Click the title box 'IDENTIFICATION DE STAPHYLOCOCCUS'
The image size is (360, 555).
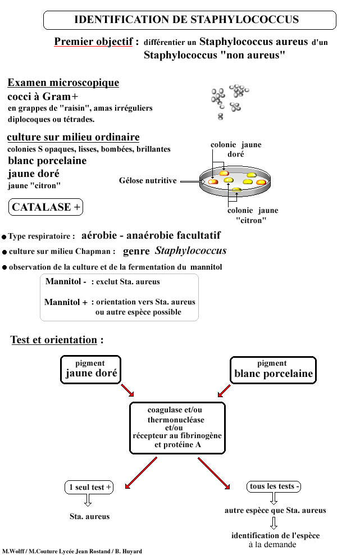(x=189, y=20)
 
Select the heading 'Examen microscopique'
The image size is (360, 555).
(x=63, y=83)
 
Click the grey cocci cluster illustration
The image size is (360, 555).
(x=229, y=101)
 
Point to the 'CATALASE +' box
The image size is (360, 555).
(x=46, y=207)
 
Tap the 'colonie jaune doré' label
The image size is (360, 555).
(x=236, y=149)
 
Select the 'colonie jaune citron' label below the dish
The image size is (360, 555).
(x=252, y=215)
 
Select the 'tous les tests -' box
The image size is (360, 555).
(x=274, y=486)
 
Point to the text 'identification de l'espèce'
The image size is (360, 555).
(x=275, y=536)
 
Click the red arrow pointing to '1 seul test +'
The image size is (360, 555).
(x=140, y=472)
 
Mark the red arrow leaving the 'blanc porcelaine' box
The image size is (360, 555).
(x=224, y=389)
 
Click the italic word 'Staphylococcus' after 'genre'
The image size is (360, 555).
(x=190, y=251)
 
